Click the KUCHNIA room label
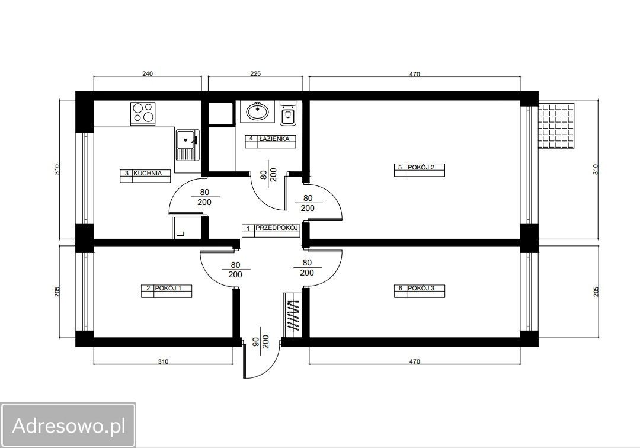click(x=148, y=173)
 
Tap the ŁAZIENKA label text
click(x=274, y=139)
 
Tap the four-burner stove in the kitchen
click(x=143, y=113)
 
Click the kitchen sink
click(x=188, y=145)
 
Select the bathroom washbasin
click(x=257, y=111)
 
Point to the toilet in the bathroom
click(x=288, y=112)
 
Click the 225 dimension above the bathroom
click(x=255, y=74)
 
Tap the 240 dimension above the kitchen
click(x=148, y=74)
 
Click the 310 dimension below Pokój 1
click(x=163, y=361)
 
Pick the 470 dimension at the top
click(x=414, y=74)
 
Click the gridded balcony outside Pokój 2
click(x=556, y=126)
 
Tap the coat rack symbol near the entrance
click(x=293, y=315)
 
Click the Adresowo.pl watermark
click(x=68, y=425)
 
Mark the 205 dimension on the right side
click(x=596, y=292)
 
